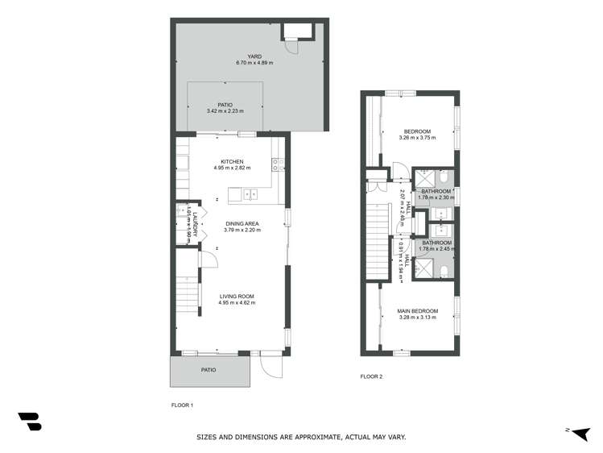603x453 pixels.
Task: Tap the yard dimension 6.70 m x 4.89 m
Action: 233,63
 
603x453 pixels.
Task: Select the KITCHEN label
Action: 233,161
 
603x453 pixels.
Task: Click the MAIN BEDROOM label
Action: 417,310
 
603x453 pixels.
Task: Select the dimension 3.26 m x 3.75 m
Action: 417,138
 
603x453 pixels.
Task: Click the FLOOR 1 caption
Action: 183,405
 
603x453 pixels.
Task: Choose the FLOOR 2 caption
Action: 371,376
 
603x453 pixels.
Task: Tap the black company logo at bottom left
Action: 29,421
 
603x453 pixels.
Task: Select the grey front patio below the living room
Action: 209,370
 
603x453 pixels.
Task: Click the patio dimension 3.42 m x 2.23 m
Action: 225,110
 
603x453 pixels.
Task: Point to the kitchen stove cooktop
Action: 276,164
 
